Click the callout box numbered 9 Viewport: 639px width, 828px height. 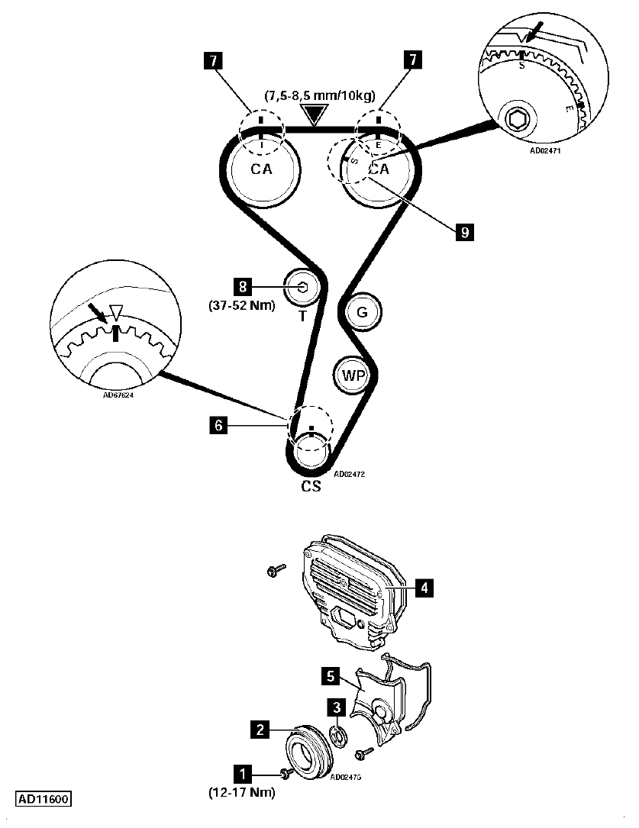pyautogui.click(x=465, y=232)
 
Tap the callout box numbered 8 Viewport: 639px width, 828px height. pyautogui.click(x=243, y=287)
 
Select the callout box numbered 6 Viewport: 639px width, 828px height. pyautogui.click(x=218, y=425)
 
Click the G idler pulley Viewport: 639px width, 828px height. pyautogui.click(x=363, y=312)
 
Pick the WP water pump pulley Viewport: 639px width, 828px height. pyautogui.click(x=353, y=375)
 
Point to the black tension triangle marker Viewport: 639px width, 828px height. pyautogui.click(x=315, y=114)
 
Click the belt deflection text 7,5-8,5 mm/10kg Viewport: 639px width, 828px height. pyautogui.click(x=320, y=95)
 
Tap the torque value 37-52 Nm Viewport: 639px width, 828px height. pyautogui.click(x=242, y=306)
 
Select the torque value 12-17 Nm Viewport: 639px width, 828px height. pyautogui.click(x=242, y=792)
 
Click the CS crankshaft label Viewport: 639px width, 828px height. pyautogui.click(x=311, y=486)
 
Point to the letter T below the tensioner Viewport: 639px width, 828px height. pyautogui.click(x=302, y=316)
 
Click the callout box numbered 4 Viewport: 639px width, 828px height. pyautogui.click(x=424, y=588)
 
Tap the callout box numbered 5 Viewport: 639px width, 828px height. pyautogui.click(x=331, y=676)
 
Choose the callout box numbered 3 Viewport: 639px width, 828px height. pyautogui.click(x=336, y=707)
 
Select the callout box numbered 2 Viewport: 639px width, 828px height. pyautogui.click(x=260, y=730)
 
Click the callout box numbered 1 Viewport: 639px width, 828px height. pyautogui.click(x=243, y=774)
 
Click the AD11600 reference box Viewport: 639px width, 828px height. pyautogui.click(x=44, y=799)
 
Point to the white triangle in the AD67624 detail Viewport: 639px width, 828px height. pyautogui.click(x=115, y=311)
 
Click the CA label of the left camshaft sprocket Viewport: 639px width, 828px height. pyautogui.click(x=261, y=169)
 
